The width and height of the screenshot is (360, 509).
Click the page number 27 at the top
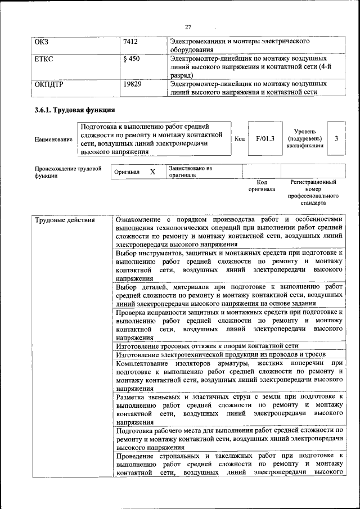(188, 26)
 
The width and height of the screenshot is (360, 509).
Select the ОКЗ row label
(42, 42)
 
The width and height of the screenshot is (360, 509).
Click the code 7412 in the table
(130, 42)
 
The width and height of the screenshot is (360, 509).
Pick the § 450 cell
(131, 58)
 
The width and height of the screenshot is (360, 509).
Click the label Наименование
(53, 139)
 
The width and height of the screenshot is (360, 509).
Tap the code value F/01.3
(265, 138)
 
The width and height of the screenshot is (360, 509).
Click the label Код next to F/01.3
(239, 138)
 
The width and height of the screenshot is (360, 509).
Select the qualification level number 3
(336, 138)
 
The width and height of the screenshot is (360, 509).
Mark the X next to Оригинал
(152, 172)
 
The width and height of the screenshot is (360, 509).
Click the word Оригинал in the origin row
(127, 172)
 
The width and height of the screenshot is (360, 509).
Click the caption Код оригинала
(262, 186)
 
